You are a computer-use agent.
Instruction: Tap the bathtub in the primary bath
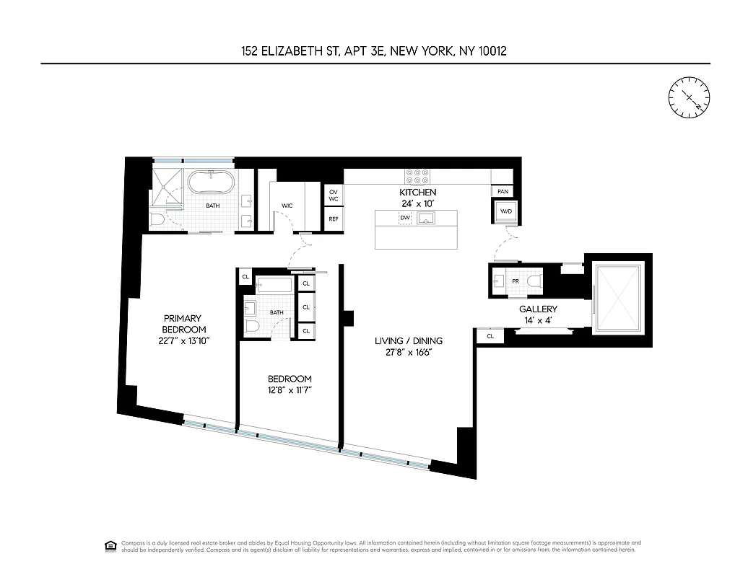click(210, 181)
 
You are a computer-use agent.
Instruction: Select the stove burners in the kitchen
click(417, 177)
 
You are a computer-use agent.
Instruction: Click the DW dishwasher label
click(405, 218)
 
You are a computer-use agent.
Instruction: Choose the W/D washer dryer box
click(505, 211)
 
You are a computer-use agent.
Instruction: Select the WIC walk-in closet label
click(287, 206)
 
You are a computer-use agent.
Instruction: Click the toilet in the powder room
click(532, 281)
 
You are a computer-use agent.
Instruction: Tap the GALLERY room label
click(538, 309)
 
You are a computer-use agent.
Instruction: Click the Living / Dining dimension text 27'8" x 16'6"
click(408, 353)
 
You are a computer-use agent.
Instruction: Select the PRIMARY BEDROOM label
click(182, 324)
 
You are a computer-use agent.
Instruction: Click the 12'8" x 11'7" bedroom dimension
click(290, 390)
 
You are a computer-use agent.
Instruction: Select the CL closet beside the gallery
click(490, 336)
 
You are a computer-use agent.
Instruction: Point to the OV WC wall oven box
click(334, 195)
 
